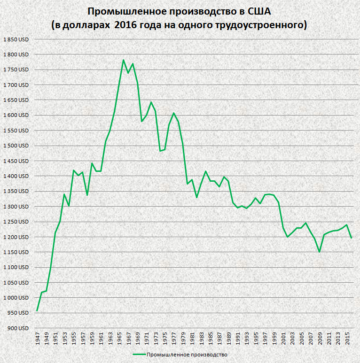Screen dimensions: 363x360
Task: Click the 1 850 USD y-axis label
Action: coord(16,39)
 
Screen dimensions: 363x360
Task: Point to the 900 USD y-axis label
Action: coord(18,328)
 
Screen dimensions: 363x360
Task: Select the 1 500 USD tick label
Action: coord(16,146)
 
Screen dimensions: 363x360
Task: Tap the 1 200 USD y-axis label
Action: coord(16,237)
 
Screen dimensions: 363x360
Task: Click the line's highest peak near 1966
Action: coord(123,60)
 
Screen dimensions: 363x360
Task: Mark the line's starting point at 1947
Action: coord(37,311)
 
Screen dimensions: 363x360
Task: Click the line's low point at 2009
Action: coord(320,252)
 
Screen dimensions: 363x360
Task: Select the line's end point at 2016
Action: coord(352,238)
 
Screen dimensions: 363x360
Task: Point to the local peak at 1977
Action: coord(173,113)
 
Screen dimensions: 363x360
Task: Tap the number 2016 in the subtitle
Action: coord(126,24)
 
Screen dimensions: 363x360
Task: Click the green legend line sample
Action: coord(139,355)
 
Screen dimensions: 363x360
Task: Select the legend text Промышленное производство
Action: coord(187,355)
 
